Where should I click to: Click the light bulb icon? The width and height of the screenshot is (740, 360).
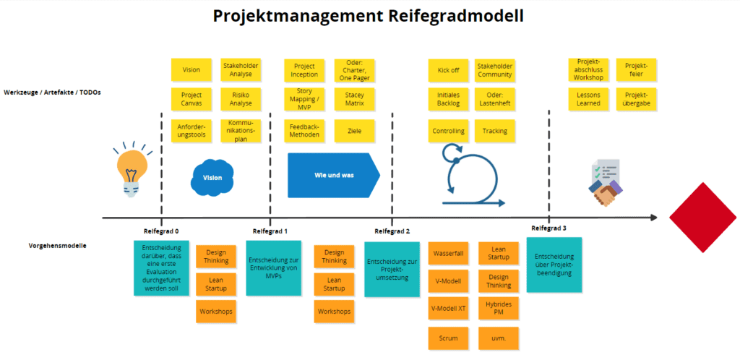click(130, 170)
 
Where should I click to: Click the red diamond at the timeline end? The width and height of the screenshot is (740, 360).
click(698, 216)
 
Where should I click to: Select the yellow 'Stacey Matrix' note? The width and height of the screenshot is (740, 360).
click(354, 99)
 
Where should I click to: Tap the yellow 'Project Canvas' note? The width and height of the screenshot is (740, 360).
click(192, 99)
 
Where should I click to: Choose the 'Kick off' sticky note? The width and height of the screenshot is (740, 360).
click(449, 70)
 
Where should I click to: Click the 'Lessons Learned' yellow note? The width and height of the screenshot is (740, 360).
click(589, 99)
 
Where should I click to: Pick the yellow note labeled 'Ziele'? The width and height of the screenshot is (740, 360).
click(354, 131)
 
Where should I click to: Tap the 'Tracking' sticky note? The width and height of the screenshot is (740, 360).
click(495, 131)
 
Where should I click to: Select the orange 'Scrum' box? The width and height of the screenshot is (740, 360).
click(448, 338)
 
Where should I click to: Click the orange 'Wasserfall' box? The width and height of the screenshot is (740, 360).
click(448, 254)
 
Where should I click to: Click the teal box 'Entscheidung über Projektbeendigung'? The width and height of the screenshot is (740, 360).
click(554, 265)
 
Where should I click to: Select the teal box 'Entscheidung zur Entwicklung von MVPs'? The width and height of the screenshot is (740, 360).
click(273, 267)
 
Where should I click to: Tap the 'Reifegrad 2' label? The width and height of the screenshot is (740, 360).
click(392, 231)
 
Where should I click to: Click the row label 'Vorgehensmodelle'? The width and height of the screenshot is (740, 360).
click(48, 246)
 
